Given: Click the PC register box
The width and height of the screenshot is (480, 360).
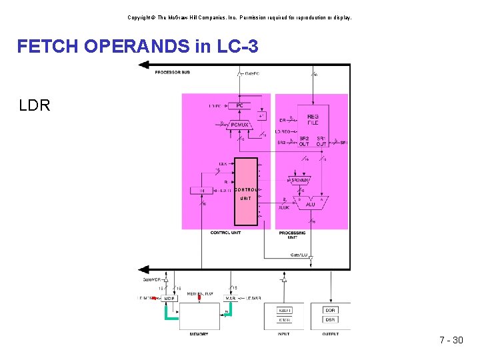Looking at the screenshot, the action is pyautogui.click(x=238, y=105).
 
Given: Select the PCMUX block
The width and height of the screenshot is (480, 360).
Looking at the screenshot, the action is pyautogui.click(x=238, y=125).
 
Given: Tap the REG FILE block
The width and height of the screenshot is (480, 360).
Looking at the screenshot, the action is pyautogui.click(x=313, y=119).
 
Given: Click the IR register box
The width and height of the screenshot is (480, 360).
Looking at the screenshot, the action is pyautogui.click(x=203, y=191).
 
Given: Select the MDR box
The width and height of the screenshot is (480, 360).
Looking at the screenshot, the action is pyautogui.click(x=169, y=298).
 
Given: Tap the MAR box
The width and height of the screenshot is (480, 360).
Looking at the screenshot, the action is pyautogui.click(x=231, y=298).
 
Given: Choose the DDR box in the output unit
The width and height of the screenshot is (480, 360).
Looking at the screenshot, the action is pyautogui.click(x=331, y=310).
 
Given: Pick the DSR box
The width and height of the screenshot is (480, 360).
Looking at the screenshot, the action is pyautogui.click(x=331, y=320).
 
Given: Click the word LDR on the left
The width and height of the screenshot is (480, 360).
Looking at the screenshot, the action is pyautogui.click(x=35, y=105).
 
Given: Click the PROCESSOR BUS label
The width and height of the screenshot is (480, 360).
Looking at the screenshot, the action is pyautogui.click(x=172, y=72).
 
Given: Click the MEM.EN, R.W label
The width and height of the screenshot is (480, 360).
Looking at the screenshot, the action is pyautogui.click(x=200, y=293).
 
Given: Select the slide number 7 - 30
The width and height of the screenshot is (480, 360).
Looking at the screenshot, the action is pyautogui.click(x=451, y=341).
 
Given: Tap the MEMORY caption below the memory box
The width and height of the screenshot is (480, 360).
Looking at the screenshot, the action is pyautogui.click(x=199, y=334).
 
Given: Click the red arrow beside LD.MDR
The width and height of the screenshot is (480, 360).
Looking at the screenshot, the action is pyautogui.click(x=155, y=299).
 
